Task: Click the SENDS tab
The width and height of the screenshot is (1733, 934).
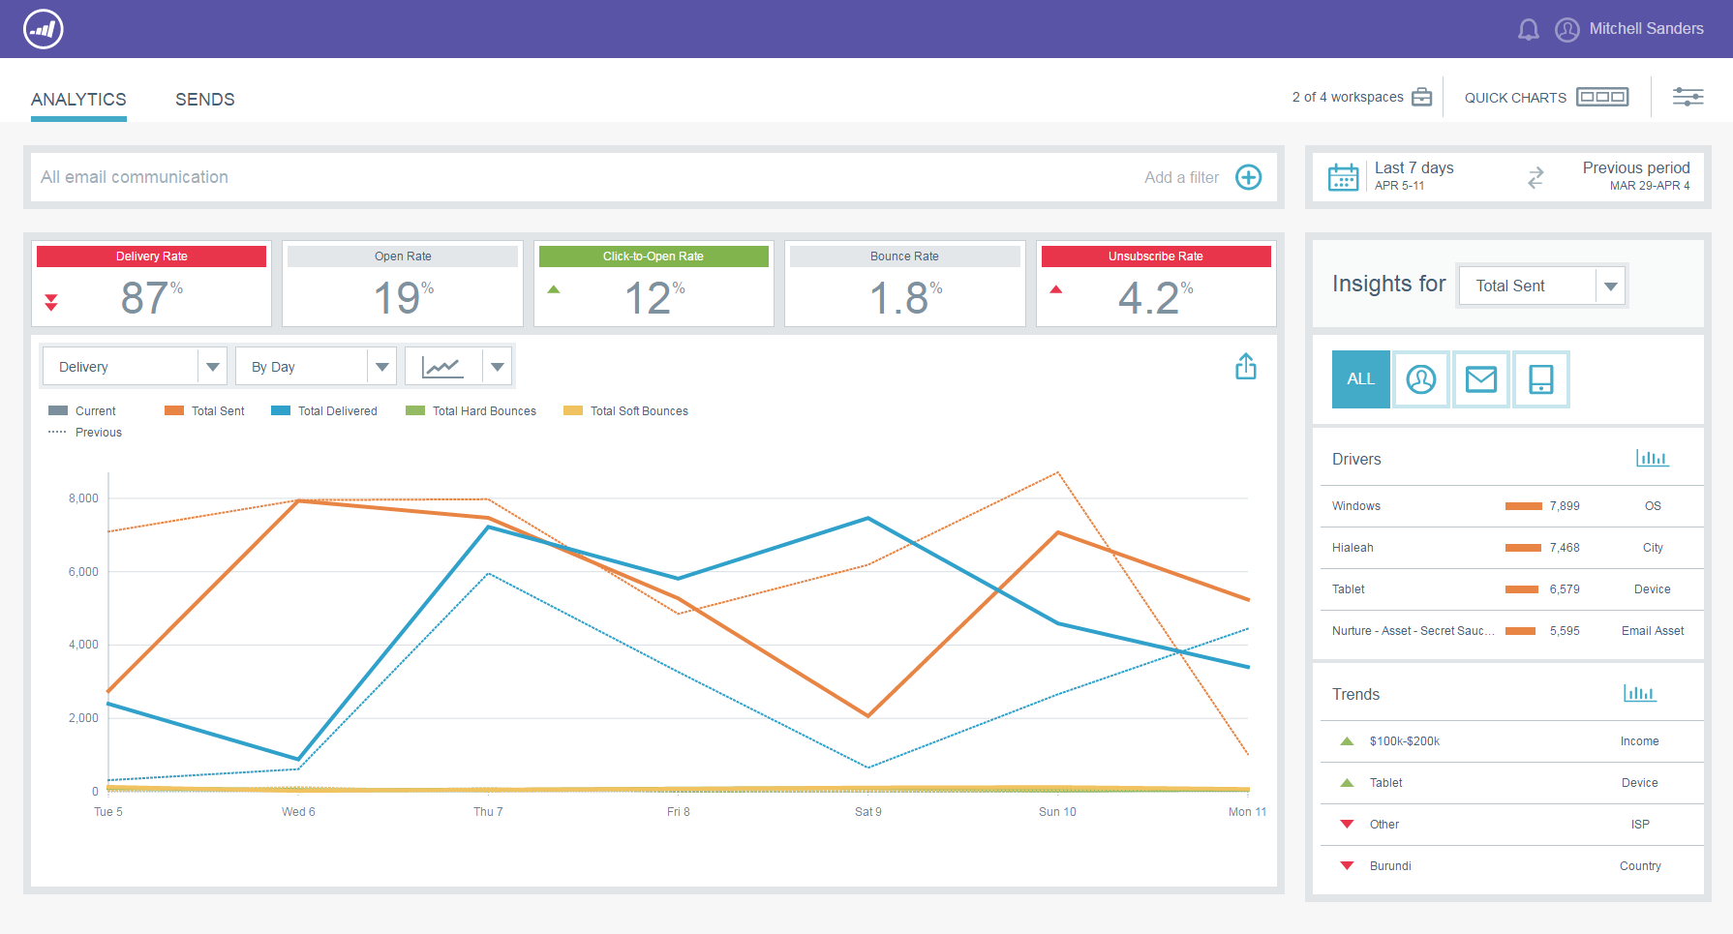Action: click(x=204, y=100)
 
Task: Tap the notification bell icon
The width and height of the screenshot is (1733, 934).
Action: click(x=1528, y=30)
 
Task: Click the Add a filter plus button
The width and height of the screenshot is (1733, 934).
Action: click(x=1248, y=177)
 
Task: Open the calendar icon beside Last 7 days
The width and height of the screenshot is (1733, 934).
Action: click(x=1343, y=177)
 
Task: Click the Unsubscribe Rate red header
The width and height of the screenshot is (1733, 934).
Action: click(x=1155, y=256)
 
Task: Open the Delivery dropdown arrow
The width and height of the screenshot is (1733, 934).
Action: click(x=212, y=367)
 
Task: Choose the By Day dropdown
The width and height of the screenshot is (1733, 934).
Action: click(x=316, y=367)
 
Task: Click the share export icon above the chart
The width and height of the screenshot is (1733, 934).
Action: click(x=1245, y=367)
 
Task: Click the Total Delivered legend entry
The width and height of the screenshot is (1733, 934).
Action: click(x=336, y=411)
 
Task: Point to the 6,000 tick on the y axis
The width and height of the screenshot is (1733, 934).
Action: click(x=83, y=572)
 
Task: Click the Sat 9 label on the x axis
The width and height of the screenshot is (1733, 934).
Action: click(x=867, y=812)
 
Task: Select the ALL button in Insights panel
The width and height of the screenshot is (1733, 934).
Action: click(x=1360, y=379)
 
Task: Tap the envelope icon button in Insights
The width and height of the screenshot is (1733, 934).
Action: click(x=1480, y=379)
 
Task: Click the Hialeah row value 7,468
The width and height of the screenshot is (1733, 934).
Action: click(x=1564, y=548)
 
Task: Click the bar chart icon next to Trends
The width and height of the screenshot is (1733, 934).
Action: click(x=1639, y=694)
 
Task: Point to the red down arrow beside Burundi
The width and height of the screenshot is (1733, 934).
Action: click(x=1347, y=866)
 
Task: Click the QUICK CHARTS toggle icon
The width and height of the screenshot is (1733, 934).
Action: click(x=1601, y=97)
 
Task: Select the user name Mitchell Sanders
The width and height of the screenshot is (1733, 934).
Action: click(x=1646, y=29)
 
